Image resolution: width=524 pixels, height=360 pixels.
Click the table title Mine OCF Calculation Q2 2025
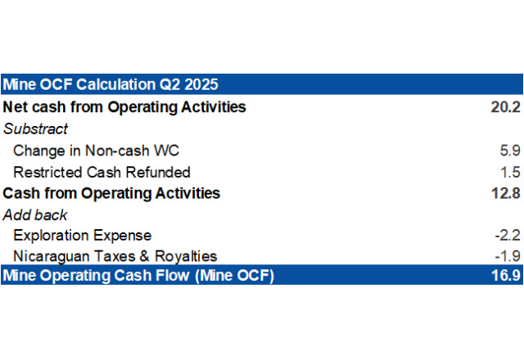click(x=111, y=84)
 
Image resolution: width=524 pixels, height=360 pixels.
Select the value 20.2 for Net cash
click(x=506, y=107)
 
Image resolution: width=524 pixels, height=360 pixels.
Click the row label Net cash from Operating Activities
click(x=124, y=107)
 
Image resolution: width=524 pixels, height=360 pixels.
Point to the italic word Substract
click(x=35, y=129)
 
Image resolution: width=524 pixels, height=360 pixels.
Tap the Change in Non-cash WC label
click(x=97, y=151)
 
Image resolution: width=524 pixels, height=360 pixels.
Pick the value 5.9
click(x=510, y=151)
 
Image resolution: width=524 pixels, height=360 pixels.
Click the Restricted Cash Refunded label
click(x=102, y=173)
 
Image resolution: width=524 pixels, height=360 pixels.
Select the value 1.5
click(x=510, y=173)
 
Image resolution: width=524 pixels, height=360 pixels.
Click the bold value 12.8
click(x=506, y=193)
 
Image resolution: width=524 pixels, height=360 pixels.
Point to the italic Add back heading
click(x=35, y=215)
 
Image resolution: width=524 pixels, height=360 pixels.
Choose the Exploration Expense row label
click(x=82, y=236)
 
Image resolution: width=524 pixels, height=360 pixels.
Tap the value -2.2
click(x=508, y=236)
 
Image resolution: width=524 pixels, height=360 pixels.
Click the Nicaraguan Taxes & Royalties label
click(x=115, y=256)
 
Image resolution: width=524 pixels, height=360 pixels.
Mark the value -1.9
click(x=508, y=256)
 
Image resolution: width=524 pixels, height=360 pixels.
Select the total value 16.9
click(x=506, y=275)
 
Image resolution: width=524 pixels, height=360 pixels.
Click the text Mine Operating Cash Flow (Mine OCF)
click(x=138, y=276)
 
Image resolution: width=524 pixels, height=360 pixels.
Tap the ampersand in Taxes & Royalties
click(x=144, y=256)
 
